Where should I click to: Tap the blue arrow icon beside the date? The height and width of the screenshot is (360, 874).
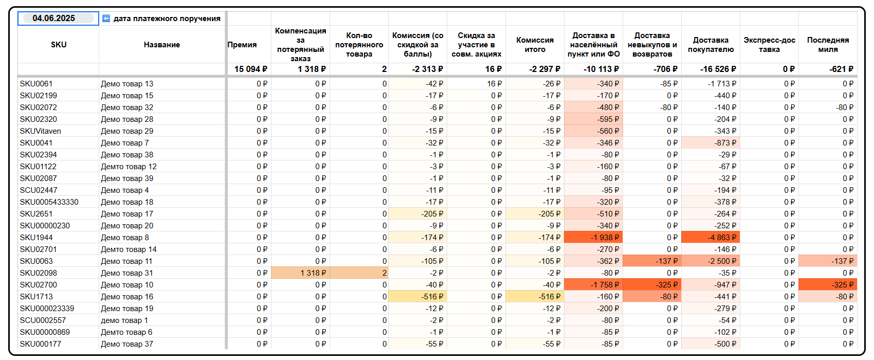point(106,19)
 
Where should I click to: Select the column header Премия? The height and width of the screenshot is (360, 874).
point(242,45)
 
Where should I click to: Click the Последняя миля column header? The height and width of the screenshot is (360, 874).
point(828,45)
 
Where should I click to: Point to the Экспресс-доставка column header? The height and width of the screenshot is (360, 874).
point(769,45)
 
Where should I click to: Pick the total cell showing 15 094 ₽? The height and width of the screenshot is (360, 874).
point(250,69)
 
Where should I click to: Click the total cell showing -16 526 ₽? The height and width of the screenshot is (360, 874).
point(718,69)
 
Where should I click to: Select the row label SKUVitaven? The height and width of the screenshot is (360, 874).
point(41,131)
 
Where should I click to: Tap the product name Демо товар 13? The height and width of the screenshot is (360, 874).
point(127,84)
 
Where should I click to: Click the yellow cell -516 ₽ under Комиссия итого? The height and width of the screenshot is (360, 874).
point(545,297)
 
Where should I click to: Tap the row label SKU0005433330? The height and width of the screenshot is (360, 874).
point(49,202)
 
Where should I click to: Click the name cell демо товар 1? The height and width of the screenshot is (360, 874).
point(124,320)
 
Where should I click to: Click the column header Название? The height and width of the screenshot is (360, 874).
point(162,45)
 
